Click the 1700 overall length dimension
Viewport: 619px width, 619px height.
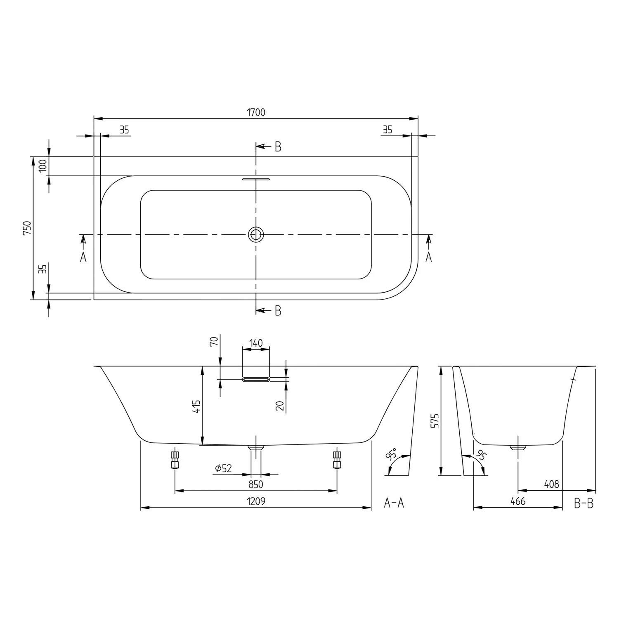(256, 112)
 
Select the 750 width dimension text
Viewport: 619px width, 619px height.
(27, 228)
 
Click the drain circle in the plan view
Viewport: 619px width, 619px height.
(256, 234)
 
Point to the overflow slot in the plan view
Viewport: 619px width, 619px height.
(256, 180)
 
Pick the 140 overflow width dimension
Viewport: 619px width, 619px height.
(256, 343)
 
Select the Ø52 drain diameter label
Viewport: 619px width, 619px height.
(223, 468)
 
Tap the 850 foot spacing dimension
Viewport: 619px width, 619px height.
(256, 484)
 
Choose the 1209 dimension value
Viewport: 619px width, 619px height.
(256, 501)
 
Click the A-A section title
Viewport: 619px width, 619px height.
(394, 503)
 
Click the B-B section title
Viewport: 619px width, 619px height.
(584, 503)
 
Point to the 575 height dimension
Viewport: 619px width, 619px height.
(434, 421)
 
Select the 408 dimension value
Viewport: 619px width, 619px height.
(551, 484)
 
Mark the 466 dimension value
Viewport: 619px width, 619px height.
(517, 501)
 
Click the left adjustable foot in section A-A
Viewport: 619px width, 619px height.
(175, 460)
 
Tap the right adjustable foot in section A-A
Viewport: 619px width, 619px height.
(337, 460)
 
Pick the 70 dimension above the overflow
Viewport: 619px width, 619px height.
(214, 341)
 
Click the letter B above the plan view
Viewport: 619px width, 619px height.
(278, 147)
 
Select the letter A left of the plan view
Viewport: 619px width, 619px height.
(83, 258)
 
